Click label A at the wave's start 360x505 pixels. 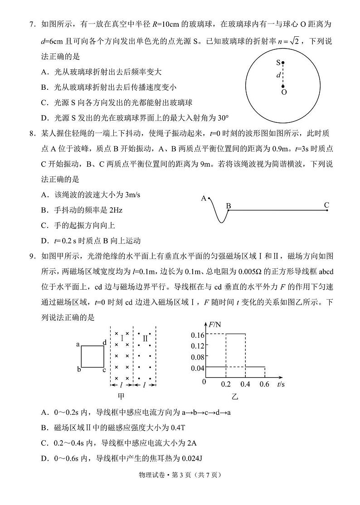204,198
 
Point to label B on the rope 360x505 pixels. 229,206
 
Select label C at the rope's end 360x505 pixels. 326,205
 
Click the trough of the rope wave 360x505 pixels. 220,222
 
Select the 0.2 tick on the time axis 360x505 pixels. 226,384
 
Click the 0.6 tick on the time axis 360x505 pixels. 264,384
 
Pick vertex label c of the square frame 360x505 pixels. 104,370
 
